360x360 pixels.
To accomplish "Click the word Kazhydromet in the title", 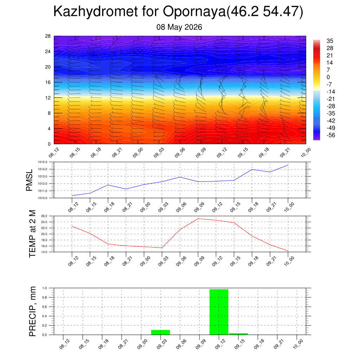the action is (96, 12).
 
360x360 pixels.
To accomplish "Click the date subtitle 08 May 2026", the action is (179, 27).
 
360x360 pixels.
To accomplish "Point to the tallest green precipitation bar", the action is (219, 312).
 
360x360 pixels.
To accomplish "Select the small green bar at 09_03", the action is (160, 332).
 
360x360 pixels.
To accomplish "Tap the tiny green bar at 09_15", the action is (238, 334).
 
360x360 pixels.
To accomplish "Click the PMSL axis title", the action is (30, 180).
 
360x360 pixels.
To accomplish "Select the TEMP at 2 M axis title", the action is (32, 234).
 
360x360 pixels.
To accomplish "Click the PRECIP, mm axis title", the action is (32, 311).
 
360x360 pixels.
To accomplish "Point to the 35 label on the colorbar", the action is (330, 41).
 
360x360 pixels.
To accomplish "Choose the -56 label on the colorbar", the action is (330, 135).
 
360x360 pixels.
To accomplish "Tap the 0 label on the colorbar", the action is (328, 77).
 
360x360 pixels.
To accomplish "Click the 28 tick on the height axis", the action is (48, 36).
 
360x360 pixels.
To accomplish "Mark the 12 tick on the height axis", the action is (48, 98).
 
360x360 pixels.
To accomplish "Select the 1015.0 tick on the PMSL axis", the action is (43, 162).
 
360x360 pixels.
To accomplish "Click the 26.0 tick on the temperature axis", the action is (44, 216).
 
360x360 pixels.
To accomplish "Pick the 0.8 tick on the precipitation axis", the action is (45, 297).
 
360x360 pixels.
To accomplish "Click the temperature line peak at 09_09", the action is (198, 219).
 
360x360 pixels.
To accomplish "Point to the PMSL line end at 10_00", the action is (288, 165).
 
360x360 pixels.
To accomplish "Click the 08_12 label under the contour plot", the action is (54, 153).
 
